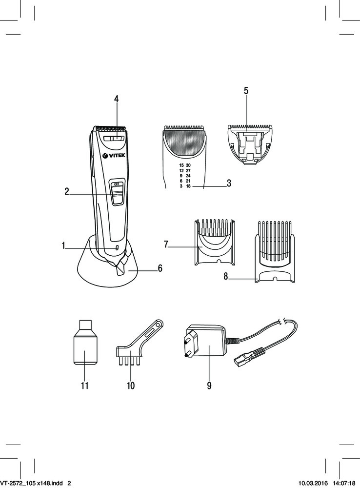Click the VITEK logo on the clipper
point(114,155)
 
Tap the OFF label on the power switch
point(116,183)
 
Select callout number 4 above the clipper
point(117,99)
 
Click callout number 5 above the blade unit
point(246,91)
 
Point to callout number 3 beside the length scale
point(229,183)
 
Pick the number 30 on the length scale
point(188,165)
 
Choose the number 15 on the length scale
point(181,165)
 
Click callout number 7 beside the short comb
point(166,244)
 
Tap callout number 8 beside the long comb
point(226,276)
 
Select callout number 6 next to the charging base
point(160,268)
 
